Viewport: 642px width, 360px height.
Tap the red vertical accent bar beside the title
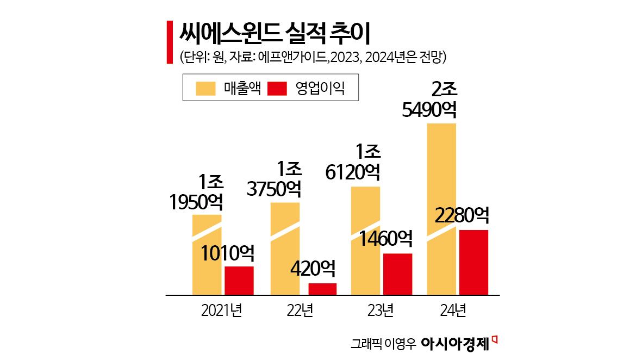169,43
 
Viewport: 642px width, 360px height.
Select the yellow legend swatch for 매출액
207,88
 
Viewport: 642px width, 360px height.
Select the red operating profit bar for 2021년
239,281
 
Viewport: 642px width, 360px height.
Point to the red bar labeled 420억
322,289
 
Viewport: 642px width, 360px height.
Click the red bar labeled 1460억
398,274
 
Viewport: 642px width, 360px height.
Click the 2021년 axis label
221,311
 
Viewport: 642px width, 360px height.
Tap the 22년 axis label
300,311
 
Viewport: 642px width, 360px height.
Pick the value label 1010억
227,253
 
